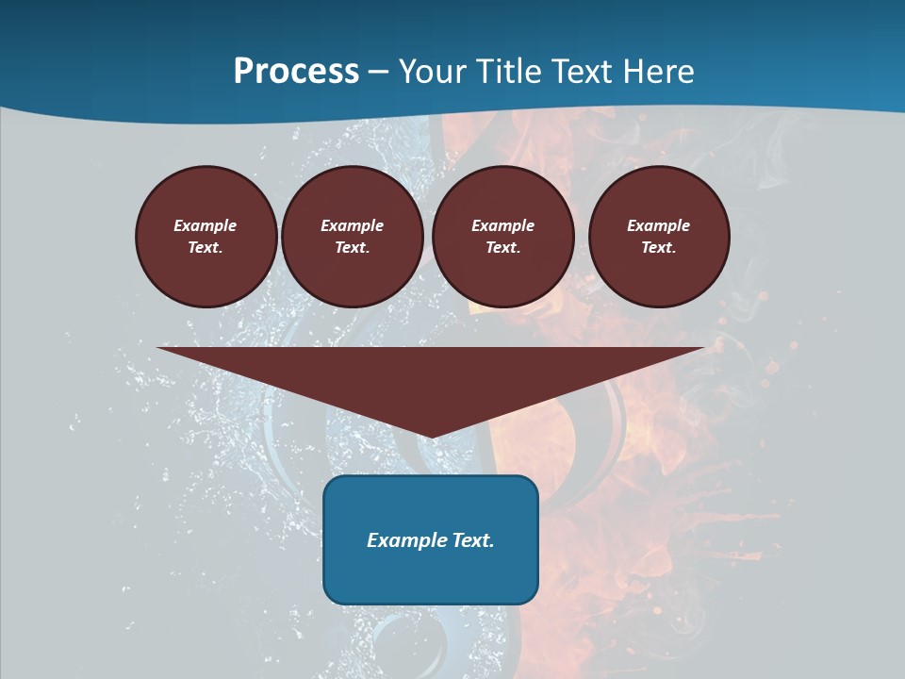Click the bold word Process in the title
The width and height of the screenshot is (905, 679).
point(296,72)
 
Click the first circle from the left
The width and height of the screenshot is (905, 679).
point(206,237)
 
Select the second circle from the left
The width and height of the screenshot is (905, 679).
point(352,237)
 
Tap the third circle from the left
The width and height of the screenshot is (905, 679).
point(502,237)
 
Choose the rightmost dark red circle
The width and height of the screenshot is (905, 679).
point(659,237)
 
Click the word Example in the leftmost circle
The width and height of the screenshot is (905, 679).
point(206,225)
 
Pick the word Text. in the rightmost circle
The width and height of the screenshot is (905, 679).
point(659,248)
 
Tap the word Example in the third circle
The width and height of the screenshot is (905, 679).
point(502,225)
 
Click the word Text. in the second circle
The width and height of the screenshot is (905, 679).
point(352,248)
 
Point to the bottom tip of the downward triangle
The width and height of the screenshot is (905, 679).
point(431,436)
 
